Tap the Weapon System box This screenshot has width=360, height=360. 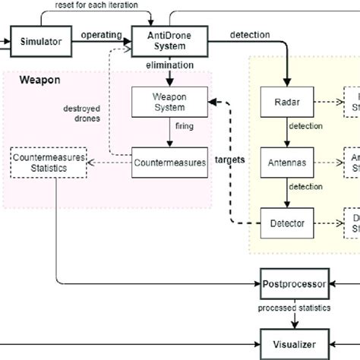point(169,101)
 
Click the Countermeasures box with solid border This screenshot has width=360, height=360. point(169,162)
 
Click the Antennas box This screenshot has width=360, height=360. point(286,162)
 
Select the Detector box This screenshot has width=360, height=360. point(286,223)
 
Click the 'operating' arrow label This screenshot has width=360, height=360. point(102,35)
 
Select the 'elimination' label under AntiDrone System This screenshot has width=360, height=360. point(168,67)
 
